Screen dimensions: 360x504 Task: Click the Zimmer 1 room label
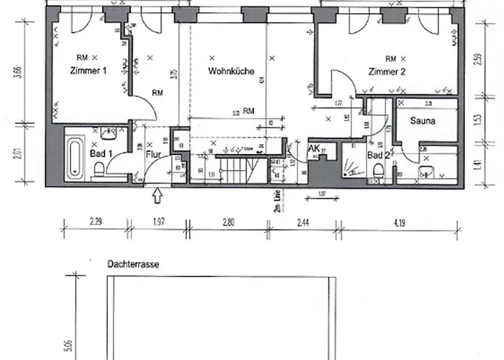[89, 71]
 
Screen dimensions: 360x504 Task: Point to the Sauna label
[423, 121]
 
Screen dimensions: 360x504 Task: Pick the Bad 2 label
[378, 155]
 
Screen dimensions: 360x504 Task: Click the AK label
[313, 148]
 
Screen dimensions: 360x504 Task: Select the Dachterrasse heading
[132, 264]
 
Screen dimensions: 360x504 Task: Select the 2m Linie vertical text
[275, 197]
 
